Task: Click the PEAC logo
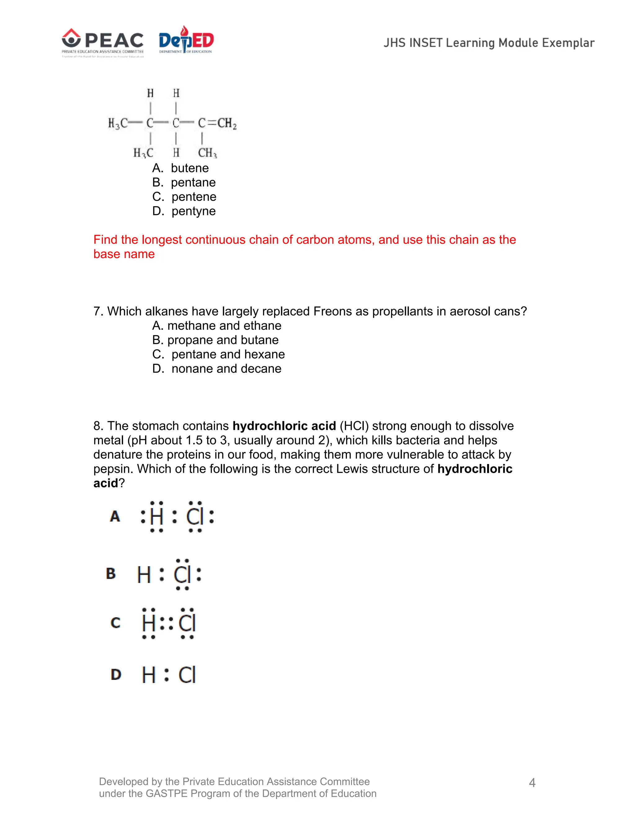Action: click(102, 42)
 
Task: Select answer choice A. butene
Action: click(180, 168)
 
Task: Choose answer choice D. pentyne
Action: click(184, 211)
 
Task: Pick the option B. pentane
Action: click(184, 182)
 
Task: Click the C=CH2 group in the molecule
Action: click(217, 123)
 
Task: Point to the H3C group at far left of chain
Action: click(118, 123)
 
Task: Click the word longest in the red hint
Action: click(161, 240)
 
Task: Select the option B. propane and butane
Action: click(215, 340)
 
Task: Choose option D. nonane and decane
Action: click(217, 369)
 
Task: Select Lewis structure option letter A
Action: click(115, 516)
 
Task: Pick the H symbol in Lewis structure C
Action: click(149, 623)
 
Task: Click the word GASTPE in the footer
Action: click(166, 793)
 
